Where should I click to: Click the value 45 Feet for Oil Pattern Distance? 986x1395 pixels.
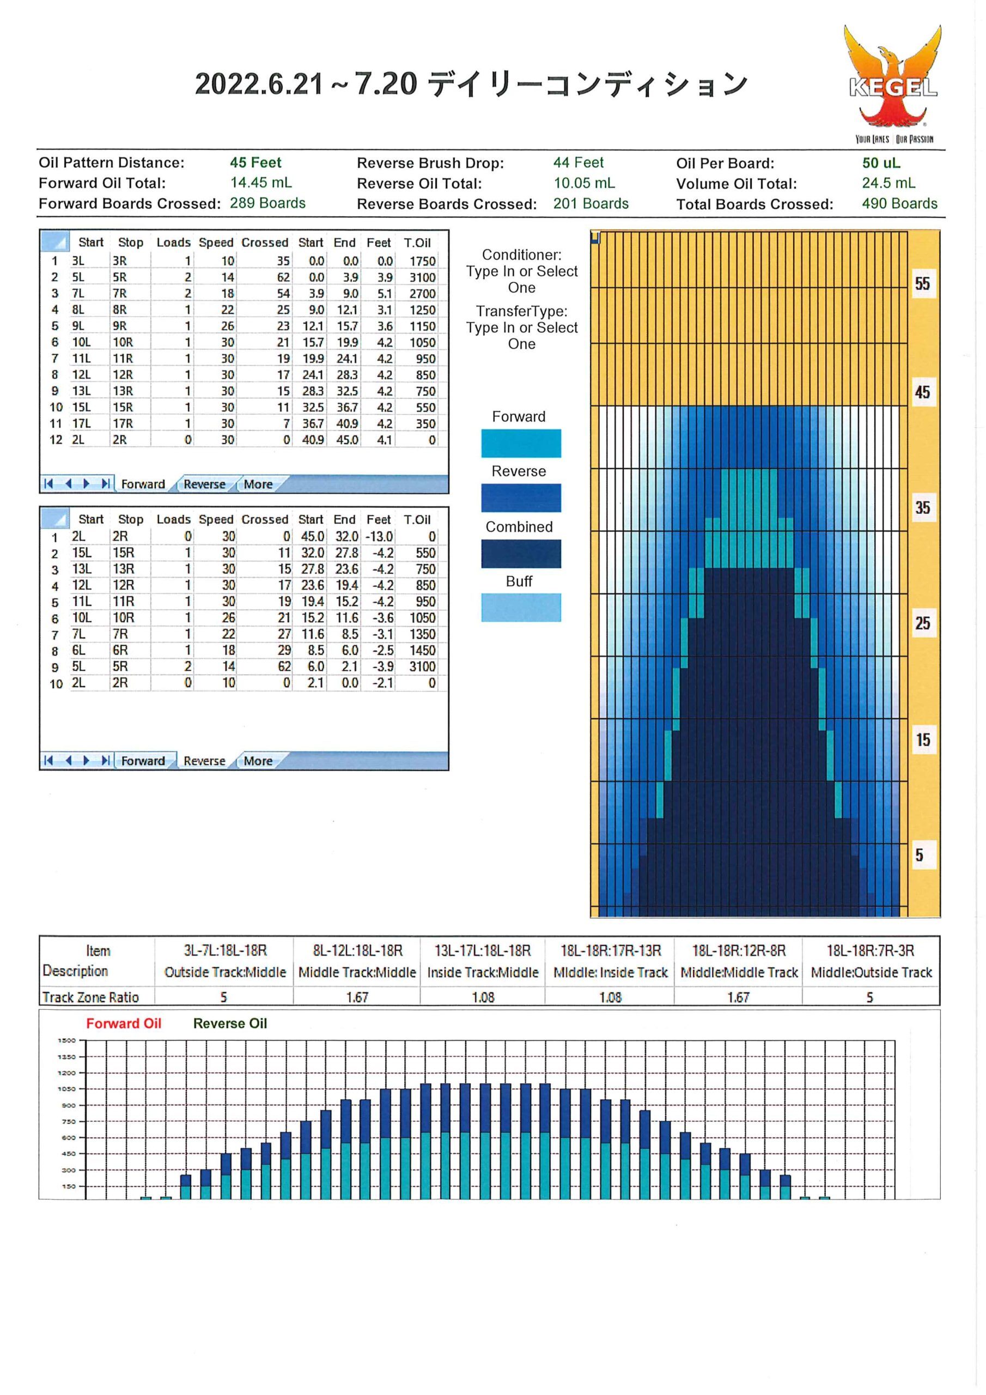255,163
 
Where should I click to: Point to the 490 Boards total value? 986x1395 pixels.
899,204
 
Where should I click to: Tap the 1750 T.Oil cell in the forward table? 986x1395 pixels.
422,261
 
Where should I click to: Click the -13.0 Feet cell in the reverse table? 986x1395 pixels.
380,537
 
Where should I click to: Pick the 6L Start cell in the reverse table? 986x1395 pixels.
78,651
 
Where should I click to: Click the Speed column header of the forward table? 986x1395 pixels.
216,242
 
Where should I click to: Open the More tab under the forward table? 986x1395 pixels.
258,484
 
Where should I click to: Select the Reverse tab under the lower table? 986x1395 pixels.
204,761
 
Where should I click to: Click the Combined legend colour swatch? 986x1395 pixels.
521,554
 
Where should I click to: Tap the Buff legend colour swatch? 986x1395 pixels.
521,608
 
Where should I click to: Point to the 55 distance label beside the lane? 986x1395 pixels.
922,284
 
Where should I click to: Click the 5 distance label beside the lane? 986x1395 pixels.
919,856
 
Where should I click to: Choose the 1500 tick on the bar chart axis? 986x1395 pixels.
67,1041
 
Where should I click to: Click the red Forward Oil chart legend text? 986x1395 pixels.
124,1024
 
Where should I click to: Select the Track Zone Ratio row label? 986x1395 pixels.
90,998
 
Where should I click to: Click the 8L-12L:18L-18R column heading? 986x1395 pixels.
357,951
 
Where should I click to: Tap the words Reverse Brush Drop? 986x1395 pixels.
430,163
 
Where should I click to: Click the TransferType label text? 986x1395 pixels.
521,312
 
